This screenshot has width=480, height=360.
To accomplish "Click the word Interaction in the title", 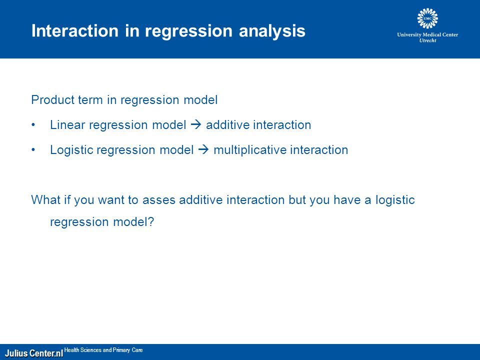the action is click(x=74, y=30).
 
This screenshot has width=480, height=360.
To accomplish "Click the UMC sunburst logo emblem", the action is click(x=427, y=18).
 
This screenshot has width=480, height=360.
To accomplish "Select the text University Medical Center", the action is click(x=427, y=34).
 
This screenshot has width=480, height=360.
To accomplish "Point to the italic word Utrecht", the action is click(x=427, y=40).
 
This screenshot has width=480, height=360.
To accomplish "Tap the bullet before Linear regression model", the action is click(x=33, y=125).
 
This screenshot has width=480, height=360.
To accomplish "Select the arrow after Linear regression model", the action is click(x=196, y=124).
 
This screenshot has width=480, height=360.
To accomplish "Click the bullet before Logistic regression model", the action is click(x=33, y=150).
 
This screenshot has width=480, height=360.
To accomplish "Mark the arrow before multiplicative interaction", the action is click(x=203, y=149).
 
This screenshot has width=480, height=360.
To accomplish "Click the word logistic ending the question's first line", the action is click(x=395, y=200).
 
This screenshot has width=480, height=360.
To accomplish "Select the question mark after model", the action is click(x=151, y=221).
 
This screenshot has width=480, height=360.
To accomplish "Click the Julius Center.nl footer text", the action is click(x=34, y=353).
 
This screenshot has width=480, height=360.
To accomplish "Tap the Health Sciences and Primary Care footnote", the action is click(x=103, y=350).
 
